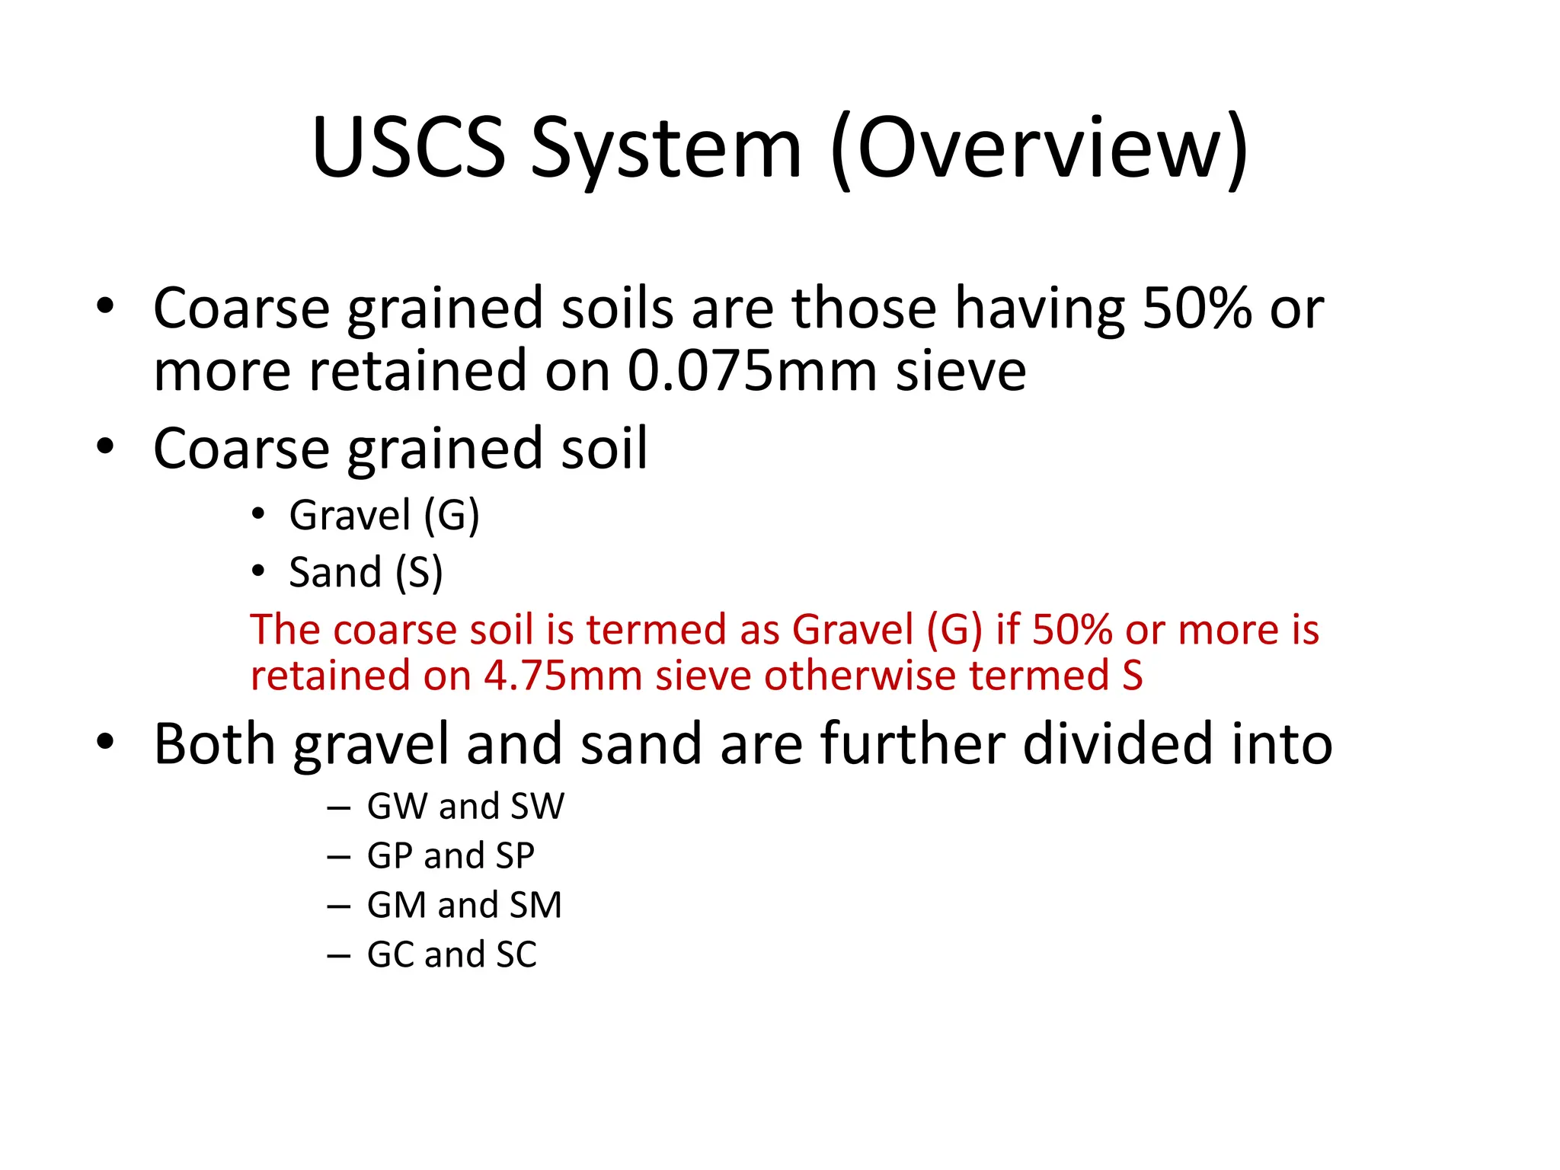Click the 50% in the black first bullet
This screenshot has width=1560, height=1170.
click(x=1197, y=308)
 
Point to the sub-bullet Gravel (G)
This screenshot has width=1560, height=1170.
click(x=384, y=516)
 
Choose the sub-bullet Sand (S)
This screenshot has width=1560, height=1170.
click(x=366, y=573)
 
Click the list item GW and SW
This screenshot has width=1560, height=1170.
click(x=465, y=806)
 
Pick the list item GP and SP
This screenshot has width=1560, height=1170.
click(x=450, y=855)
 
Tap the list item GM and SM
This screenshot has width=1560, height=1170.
click(x=464, y=905)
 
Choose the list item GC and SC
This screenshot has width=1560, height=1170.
click(x=452, y=954)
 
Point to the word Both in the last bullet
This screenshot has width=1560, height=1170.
click(x=214, y=743)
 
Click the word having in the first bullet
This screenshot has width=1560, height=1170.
click(x=1039, y=308)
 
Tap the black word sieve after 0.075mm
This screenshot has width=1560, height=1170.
click(x=961, y=371)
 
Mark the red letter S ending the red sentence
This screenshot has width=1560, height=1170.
click(x=1132, y=676)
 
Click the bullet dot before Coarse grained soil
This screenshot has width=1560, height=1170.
click(x=105, y=447)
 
